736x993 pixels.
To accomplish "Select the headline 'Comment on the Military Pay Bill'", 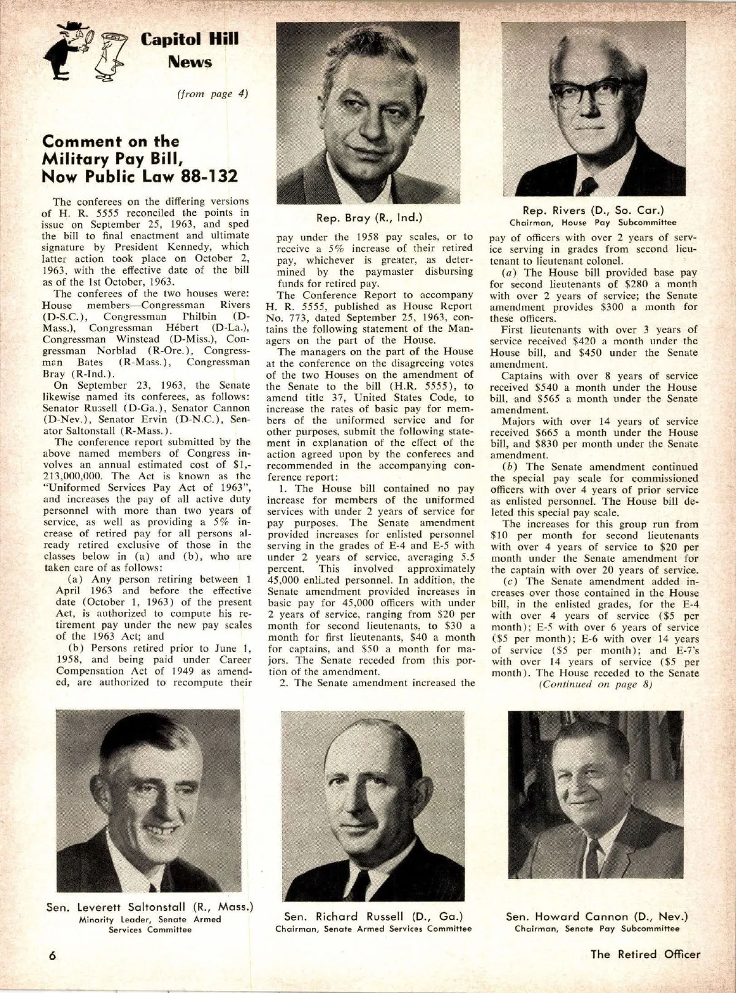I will [110, 150].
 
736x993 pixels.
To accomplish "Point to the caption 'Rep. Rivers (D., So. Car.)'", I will [593, 211].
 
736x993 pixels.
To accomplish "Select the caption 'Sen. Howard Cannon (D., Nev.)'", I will [597, 917].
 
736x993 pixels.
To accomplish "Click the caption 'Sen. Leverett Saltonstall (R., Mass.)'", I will [150, 908].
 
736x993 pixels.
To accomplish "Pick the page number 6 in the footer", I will [53, 956].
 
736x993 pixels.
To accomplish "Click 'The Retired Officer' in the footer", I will [645, 954].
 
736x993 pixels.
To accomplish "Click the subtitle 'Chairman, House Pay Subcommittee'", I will [593, 222].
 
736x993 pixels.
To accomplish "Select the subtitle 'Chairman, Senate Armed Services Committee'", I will [374, 929].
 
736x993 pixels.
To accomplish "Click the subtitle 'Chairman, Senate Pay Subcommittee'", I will [597, 929].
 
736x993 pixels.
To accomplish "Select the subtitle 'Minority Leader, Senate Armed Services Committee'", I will [150, 924].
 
